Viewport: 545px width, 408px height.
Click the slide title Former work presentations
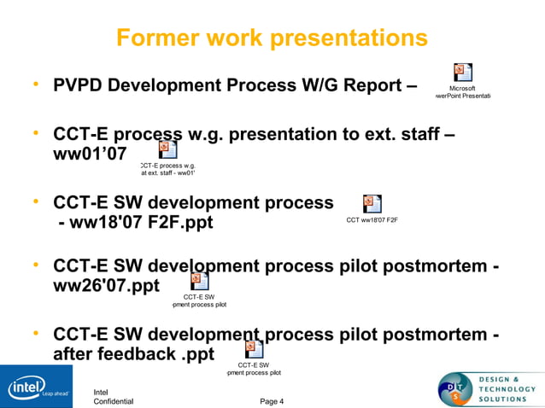pyautogui.click(x=272, y=38)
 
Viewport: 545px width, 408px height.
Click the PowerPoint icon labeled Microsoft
pyautogui.click(x=462, y=73)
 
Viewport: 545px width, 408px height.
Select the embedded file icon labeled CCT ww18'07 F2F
pyautogui.click(x=372, y=203)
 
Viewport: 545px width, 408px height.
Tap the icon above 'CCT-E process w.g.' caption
pyautogui.click(x=168, y=150)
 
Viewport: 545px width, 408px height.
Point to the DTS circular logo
pyautogui.click(x=455, y=389)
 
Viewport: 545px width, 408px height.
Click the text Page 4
pyautogui.click(x=272, y=401)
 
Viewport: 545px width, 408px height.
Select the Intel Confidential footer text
pyautogui.click(x=113, y=397)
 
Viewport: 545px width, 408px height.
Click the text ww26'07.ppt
pyautogui.click(x=106, y=285)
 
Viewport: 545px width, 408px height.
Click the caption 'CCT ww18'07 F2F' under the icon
pyautogui.click(x=372, y=220)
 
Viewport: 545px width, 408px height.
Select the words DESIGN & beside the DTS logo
pyautogui.click(x=500, y=378)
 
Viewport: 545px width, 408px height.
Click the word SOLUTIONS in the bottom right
pyautogui.click(x=507, y=399)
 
